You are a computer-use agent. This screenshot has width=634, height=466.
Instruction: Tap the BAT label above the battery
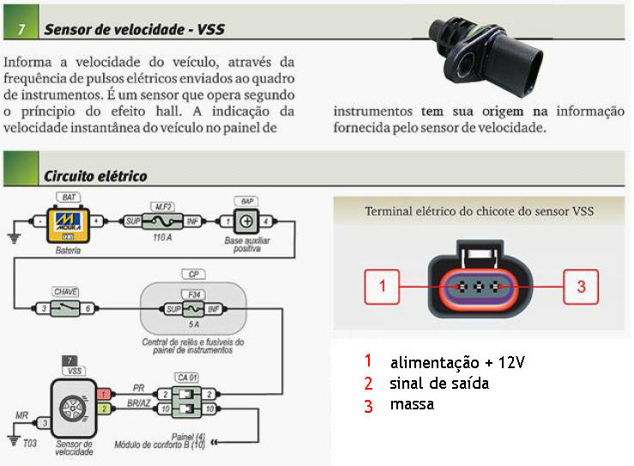pyautogui.click(x=69, y=197)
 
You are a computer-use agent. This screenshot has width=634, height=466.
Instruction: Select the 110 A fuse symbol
pyautogui.click(x=162, y=221)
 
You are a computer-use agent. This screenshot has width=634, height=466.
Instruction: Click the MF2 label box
pyautogui.click(x=163, y=207)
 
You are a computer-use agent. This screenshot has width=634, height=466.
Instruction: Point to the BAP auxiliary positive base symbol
pyautogui.click(x=246, y=221)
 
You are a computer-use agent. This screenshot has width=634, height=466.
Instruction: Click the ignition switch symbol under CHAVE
pyautogui.click(x=65, y=309)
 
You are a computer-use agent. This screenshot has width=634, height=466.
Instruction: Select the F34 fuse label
pyautogui.click(x=194, y=294)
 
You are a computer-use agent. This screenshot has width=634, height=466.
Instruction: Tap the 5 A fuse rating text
pyautogui.click(x=194, y=324)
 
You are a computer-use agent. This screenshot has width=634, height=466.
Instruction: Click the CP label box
pyautogui.click(x=194, y=275)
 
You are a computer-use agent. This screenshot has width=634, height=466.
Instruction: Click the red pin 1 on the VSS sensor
pyautogui.click(x=104, y=394)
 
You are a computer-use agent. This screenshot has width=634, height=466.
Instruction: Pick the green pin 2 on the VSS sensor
pyautogui.click(x=104, y=409)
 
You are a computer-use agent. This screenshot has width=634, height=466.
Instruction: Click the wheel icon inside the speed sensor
pyautogui.click(x=73, y=408)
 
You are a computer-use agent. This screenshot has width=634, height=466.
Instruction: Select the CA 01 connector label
pyautogui.click(x=187, y=378)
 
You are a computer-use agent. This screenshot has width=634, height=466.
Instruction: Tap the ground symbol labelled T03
pyautogui.click(x=14, y=440)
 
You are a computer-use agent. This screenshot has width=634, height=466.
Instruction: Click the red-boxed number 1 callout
pyautogui.click(x=382, y=287)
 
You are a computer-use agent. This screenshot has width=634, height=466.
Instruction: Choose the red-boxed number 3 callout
pyautogui.click(x=581, y=287)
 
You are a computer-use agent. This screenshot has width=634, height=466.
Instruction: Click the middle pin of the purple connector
pyautogui.click(x=479, y=287)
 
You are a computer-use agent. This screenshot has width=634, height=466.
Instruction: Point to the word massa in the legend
pyautogui.click(x=412, y=404)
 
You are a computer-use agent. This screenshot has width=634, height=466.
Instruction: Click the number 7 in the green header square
pyautogui.click(x=21, y=29)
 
